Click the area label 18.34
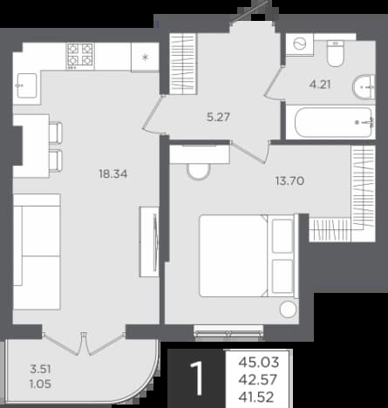[113, 174]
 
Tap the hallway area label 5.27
[218, 117]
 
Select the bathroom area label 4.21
[320, 85]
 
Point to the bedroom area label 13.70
[289, 181]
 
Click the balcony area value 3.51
[40, 370]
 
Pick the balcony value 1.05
[40, 384]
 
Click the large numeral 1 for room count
[197, 378]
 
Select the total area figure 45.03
[259, 363]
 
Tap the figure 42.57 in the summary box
[258, 380]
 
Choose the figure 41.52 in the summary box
[256, 398]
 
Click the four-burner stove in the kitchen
[81, 56]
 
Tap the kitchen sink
[27, 85]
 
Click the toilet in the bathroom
[335, 53]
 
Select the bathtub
[333, 122]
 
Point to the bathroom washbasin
[364, 87]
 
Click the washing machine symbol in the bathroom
[300, 44]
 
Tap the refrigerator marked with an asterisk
[145, 57]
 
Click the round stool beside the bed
[288, 309]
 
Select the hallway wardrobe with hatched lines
[182, 64]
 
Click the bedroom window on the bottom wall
[229, 332]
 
